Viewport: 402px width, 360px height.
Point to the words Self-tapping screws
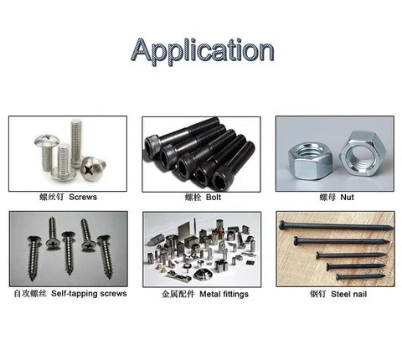pos(87,293)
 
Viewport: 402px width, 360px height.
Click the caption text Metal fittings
pos(221,293)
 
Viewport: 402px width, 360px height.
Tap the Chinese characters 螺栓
pos(191,198)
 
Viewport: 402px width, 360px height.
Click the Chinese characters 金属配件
pos(176,293)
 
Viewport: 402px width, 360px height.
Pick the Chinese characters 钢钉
pos(319,293)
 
